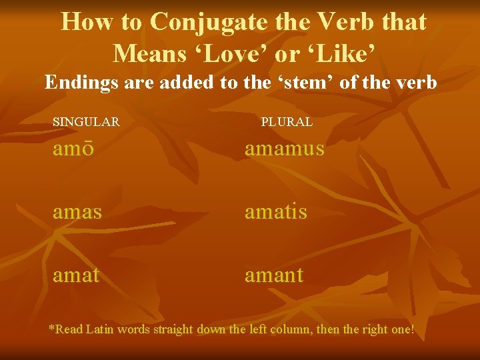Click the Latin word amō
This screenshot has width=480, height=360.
click(x=73, y=148)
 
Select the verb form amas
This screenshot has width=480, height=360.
click(x=77, y=211)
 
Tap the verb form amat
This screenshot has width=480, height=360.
click(x=76, y=274)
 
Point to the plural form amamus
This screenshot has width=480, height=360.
click(x=285, y=148)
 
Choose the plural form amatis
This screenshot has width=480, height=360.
click(x=276, y=211)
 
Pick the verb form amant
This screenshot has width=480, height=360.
click(x=274, y=274)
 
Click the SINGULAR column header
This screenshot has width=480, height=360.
click(x=86, y=122)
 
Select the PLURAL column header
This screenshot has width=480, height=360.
click(x=287, y=122)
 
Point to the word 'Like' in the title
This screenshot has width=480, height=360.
click(x=332, y=51)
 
